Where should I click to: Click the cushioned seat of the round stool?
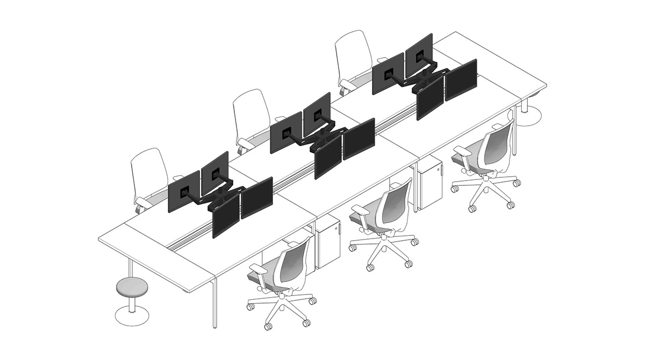131,287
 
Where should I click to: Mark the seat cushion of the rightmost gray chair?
467,159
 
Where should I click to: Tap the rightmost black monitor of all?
461,80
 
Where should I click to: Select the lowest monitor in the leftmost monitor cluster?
226,215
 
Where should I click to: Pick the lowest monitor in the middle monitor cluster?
328,156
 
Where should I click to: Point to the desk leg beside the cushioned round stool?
131,269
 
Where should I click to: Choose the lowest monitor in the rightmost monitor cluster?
430,97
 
